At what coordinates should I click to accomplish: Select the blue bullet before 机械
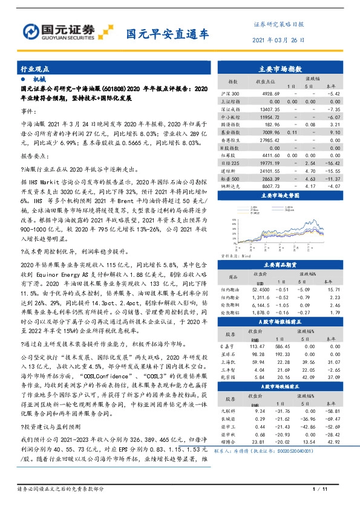(x=23, y=79)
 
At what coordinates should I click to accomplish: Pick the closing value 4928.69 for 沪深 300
(x=266, y=94)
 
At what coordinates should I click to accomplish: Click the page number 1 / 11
(x=318, y=488)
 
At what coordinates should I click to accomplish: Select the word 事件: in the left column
(x=28, y=112)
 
